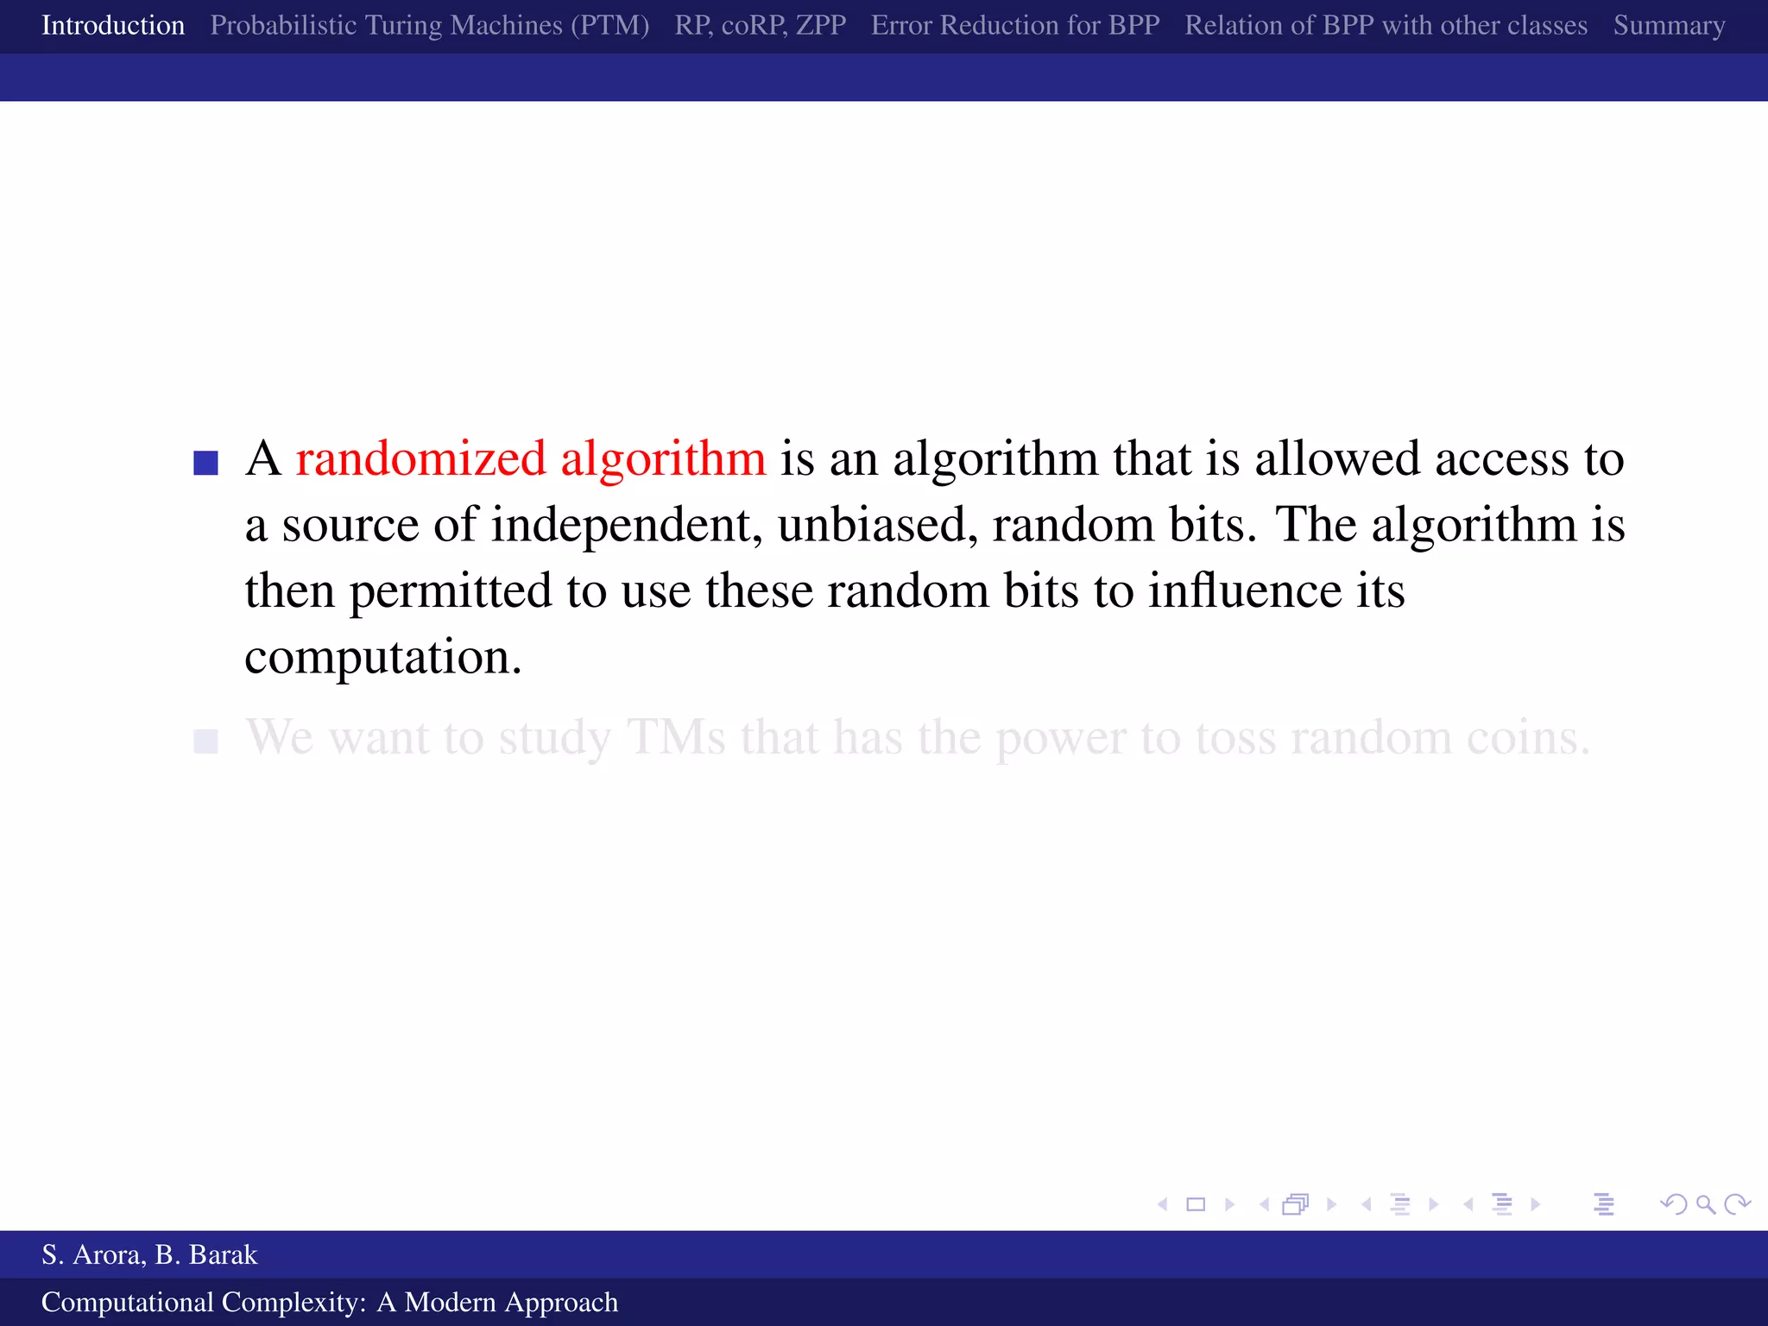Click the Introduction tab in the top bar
(113, 26)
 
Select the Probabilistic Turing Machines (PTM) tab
(429, 26)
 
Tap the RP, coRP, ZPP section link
(760, 26)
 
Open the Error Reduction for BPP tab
(1015, 26)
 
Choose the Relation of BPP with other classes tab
(1386, 26)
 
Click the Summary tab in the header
(1669, 26)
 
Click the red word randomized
(420, 458)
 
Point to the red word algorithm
(663, 458)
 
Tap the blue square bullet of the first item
(205, 463)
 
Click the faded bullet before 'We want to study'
(205, 741)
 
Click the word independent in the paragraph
(626, 525)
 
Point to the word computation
(382, 658)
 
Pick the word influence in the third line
(1244, 591)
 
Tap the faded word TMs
(676, 738)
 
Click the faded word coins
(1527, 738)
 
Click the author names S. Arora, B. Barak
(149, 1254)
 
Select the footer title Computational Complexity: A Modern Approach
(330, 1302)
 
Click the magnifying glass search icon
(1705, 1204)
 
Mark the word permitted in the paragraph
(450, 591)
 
